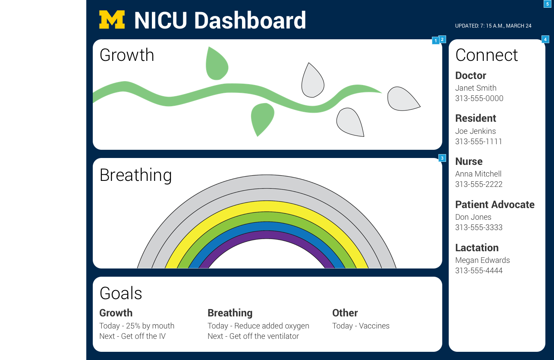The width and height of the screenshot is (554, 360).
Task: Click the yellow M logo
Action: tap(112, 19)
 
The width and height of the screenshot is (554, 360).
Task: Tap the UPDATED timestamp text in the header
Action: tap(493, 26)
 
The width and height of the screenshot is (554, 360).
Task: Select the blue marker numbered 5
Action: tap(547, 4)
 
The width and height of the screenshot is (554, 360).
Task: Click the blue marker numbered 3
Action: tap(442, 158)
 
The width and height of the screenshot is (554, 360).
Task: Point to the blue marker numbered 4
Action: tap(545, 39)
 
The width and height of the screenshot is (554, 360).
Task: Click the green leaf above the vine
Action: tap(217, 63)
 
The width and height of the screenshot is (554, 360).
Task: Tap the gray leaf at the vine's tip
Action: tap(403, 99)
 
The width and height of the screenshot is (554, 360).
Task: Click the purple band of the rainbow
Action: tap(267, 235)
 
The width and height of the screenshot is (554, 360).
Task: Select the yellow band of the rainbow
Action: tap(267, 206)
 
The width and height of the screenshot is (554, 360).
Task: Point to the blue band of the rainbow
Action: tap(267, 226)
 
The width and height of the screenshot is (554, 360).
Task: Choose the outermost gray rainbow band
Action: tap(267, 181)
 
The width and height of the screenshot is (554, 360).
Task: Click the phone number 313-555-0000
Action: tap(479, 98)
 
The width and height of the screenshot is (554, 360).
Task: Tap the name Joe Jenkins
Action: tap(475, 131)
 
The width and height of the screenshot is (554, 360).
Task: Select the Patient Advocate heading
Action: tap(494, 205)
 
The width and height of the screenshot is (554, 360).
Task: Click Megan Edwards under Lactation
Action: tap(482, 260)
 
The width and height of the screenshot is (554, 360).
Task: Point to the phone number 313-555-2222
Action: tap(479, 184)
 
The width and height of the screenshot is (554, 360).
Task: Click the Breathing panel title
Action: tap(135, 175)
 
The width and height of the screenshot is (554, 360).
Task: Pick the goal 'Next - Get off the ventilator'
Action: tap(253, 336)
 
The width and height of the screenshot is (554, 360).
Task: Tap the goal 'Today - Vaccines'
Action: tap(361, 326)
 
